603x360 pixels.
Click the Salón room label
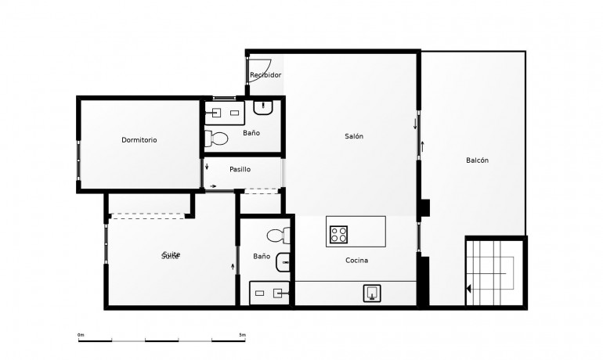tap(354, 136)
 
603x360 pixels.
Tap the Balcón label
tap(477, 160)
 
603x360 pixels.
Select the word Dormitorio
tap(139, 140)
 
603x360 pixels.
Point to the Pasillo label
tap(240, 169)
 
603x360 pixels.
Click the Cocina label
tap(356, 260)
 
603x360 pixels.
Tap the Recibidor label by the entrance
tap(265, 75)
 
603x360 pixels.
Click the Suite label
tap(171, 256)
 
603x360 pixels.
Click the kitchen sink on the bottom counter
tap(374, 293)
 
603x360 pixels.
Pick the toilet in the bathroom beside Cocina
tap(277, 235)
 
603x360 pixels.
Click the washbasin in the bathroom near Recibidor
tap(264, 108)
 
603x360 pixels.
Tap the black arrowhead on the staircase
tap(468, 289)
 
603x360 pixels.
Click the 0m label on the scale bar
tap(81, 335)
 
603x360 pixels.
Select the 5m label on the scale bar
tap(242, 335)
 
